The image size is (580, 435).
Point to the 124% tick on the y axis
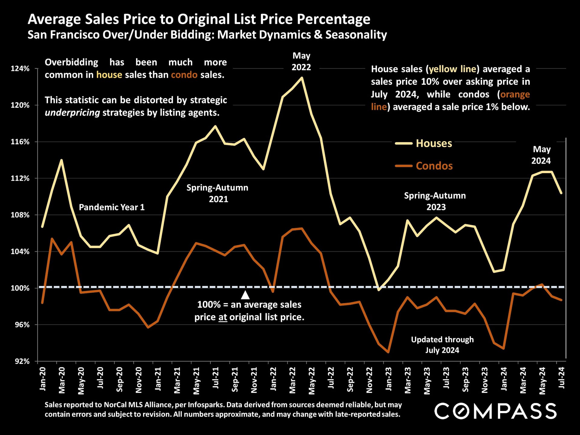tap(20, 69)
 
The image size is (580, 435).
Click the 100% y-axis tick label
tap(20, 288)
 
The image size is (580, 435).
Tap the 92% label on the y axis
tap(22, 361)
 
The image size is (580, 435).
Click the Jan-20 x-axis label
tap(43, 379)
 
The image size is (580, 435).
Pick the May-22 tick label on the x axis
tap(312, 381)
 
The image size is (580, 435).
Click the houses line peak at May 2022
tap(301, 78)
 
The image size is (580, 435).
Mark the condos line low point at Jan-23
tap(388, 352)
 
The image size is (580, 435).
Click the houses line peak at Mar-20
tap(61, 160)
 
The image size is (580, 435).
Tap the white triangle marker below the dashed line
tap(245, 295)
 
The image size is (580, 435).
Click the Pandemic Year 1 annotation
tap(111, 207)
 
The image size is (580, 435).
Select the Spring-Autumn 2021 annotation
tap(217, 193)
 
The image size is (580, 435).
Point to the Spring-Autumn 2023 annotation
tap(435, 201)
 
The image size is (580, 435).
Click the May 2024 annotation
tap(541, 155)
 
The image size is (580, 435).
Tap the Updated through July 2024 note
tap(442, 345)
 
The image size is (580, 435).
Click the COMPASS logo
tap(495, 411)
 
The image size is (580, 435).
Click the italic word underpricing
tap(72, 113)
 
